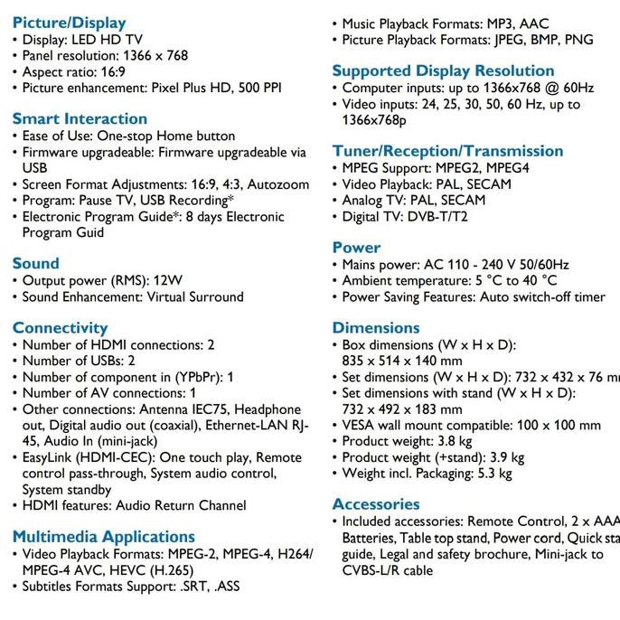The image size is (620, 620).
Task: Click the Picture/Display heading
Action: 69,23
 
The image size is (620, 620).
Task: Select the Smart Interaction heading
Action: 80,118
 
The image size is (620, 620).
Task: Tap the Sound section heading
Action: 35,263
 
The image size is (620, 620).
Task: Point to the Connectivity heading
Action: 60,327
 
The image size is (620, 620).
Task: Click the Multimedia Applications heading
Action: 103,537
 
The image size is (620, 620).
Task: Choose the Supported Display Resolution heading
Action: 443,70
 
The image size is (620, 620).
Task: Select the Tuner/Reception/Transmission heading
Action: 447,151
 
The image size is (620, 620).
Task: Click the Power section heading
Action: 356,248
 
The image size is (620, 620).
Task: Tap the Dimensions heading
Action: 375,327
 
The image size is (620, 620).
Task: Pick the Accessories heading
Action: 376,504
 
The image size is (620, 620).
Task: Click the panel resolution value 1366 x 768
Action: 155,55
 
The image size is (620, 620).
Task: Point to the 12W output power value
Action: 167,280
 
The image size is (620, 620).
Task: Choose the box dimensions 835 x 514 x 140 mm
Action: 402,361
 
